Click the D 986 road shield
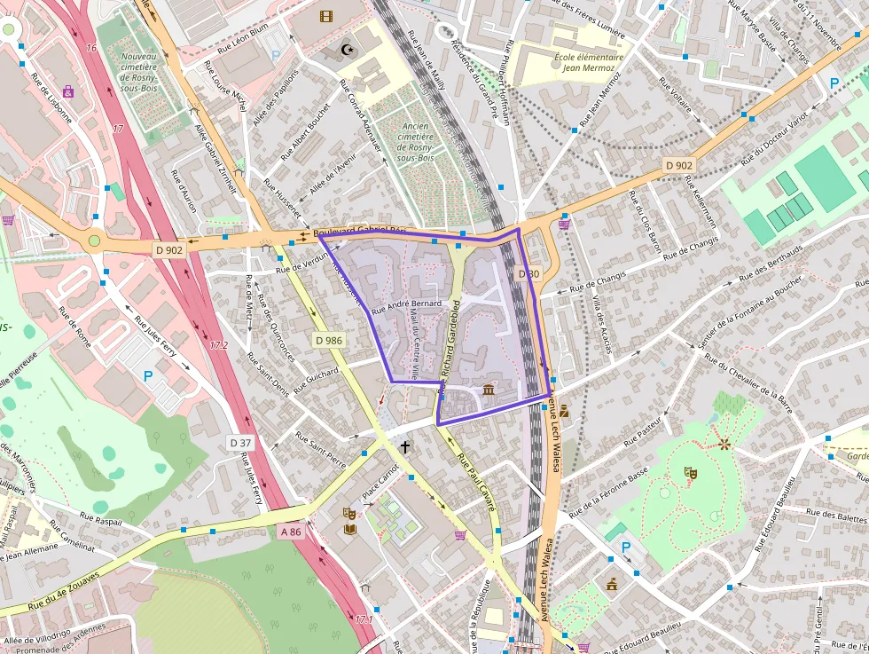[x=328, y=340]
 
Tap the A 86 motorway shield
[x=290, y=532]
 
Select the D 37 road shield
[x=240, y=443]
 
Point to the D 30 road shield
[x=528, y=273]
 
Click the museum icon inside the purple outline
[x=489, y=390]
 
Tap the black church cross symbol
[x=406, y=447]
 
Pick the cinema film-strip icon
[x=326, y=16]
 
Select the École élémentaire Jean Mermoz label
[x=589, y=63]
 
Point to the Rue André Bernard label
[x=406, y=307]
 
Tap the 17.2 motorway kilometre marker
[x=218, y=344]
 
